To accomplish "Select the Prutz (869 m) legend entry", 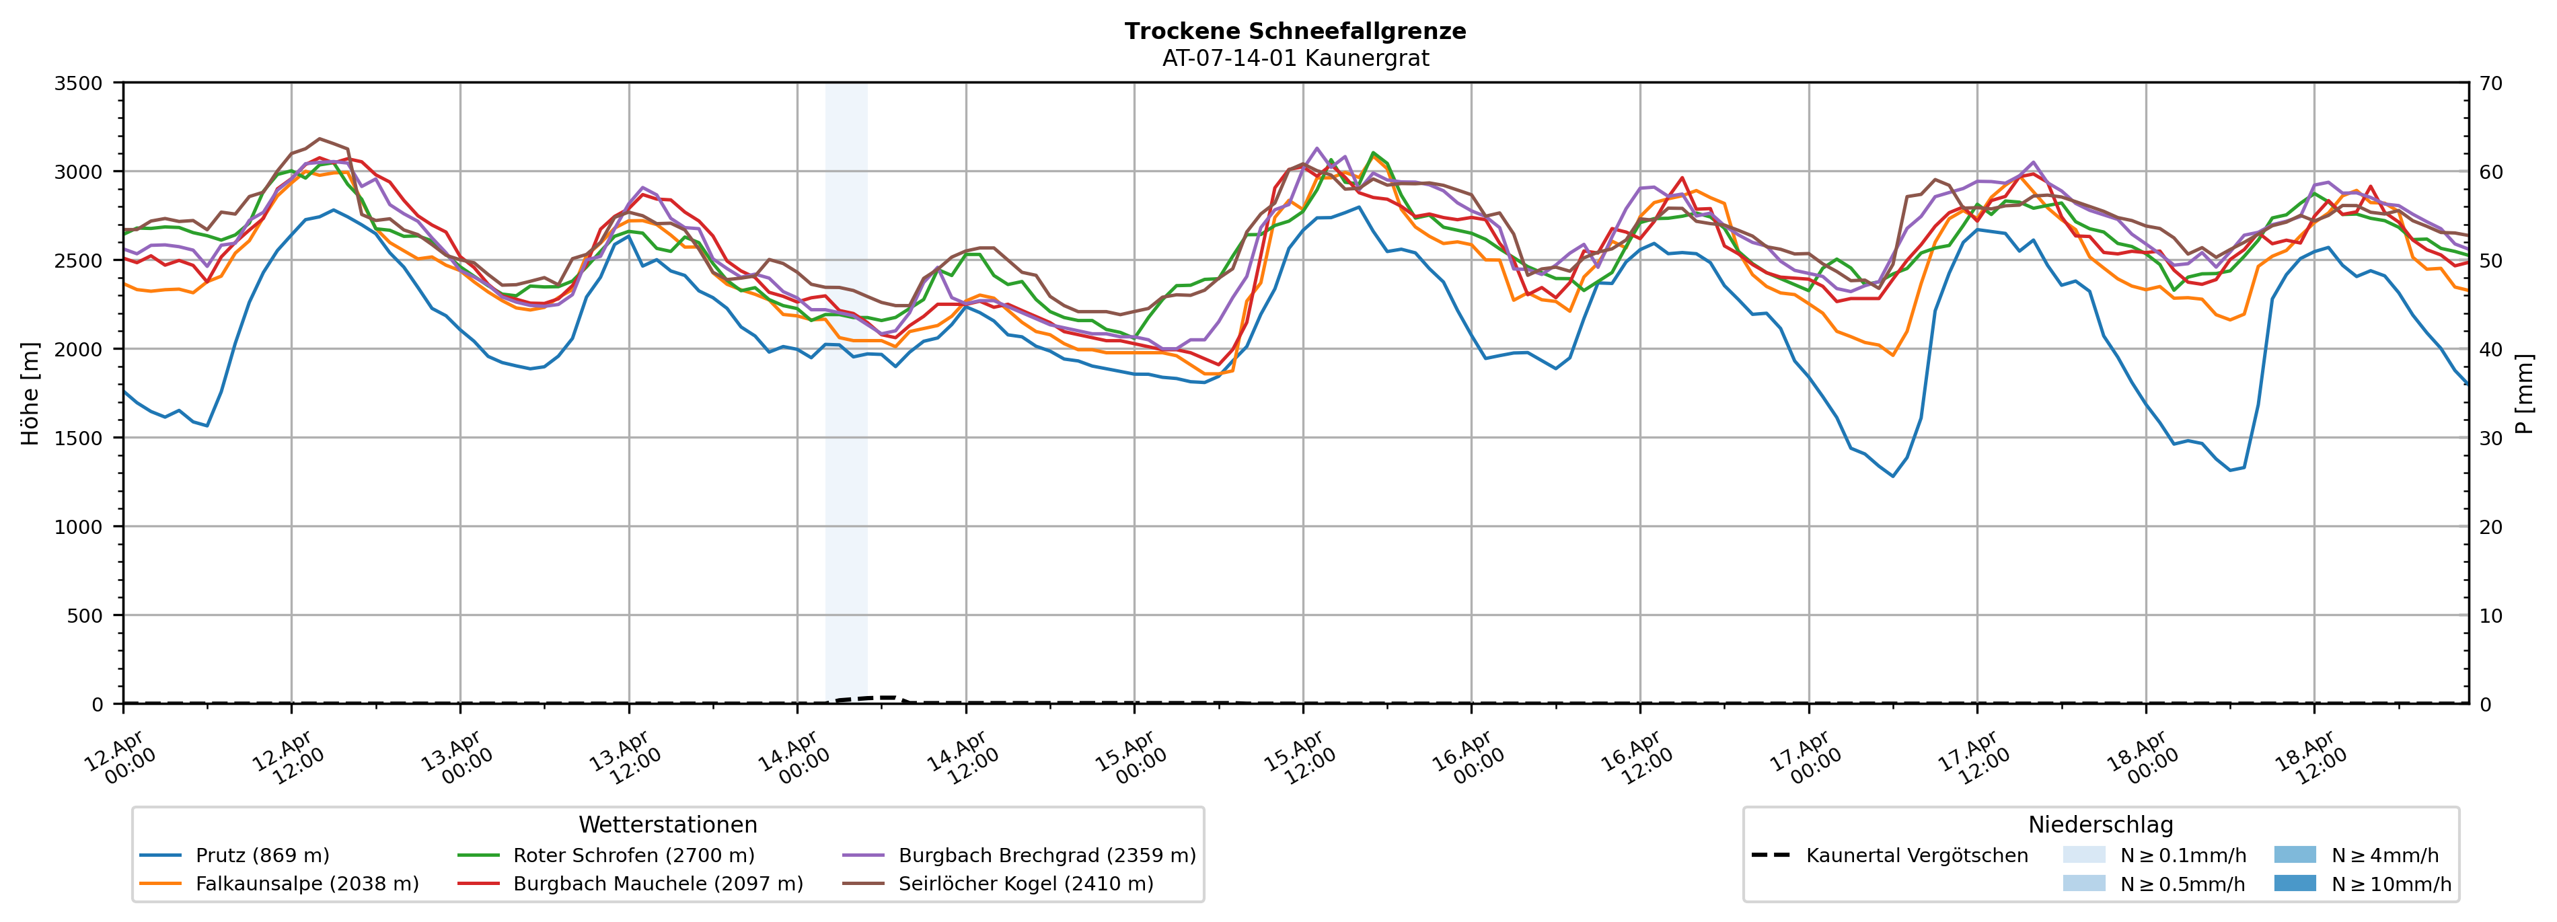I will click(x=262, y=855).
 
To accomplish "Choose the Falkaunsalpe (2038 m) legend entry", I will click(x=307, y=883).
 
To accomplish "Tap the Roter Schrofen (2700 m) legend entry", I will click(x=633, y=855).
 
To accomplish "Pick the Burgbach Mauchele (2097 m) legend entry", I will click(x=657, y=883).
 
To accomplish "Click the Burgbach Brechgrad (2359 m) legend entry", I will click(x=1046, y=855).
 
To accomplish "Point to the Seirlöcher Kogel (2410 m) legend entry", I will click(x=1025, y=883).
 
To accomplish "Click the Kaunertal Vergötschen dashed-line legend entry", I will click(x=1916, y=855).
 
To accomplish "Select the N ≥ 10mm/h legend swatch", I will click(x=2294, y=883).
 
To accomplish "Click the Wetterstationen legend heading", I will click(x=667, y=824).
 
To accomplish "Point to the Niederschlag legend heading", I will click(x=2100, y=824).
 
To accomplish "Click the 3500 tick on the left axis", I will click(x=79, y=83).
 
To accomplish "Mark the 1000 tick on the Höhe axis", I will click(x=79, y=527).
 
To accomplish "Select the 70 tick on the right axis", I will click(x=2490, y=83).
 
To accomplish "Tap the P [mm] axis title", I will click(x=2524, y=394).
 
